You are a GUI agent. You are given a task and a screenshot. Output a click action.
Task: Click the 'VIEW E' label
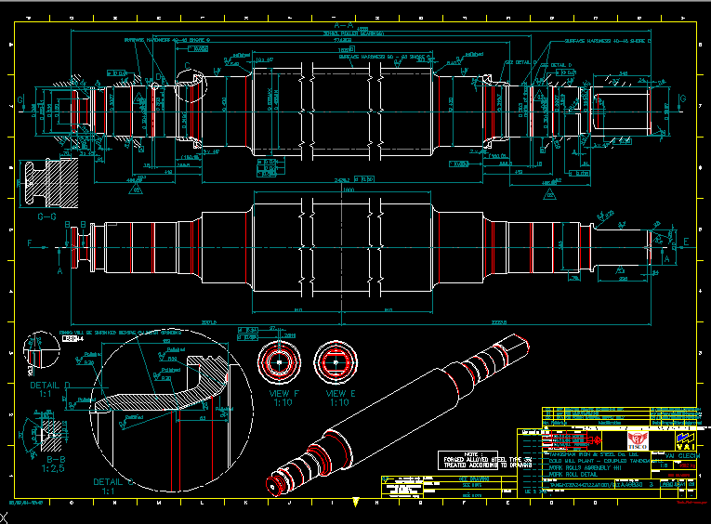click(338, 394)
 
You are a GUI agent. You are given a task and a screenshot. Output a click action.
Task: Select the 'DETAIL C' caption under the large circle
click(116, 483)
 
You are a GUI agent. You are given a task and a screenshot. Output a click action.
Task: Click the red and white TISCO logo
click(637, 438)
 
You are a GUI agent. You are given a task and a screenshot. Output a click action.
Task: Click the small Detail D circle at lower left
click(37, 348)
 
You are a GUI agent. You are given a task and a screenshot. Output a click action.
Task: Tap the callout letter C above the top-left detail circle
click(187, 67)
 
